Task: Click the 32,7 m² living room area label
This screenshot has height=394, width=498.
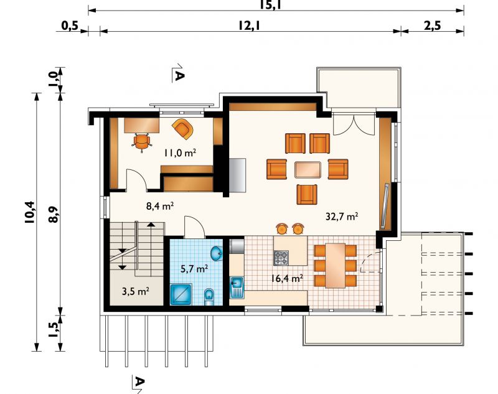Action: pos(342,217)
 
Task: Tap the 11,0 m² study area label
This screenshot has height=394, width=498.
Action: pos(180,152)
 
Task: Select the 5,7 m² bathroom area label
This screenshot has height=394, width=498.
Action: pos(194,269)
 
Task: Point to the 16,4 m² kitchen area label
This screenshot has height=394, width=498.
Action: pos(287,278)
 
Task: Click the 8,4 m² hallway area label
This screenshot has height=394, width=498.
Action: pos(160,206)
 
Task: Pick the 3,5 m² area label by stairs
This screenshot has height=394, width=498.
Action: pos(136,291)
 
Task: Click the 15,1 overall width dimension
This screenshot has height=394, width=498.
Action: pos(271,4)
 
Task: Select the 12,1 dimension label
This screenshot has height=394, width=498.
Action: pos(250,25)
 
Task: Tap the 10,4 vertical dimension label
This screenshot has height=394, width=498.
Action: pos(30,212)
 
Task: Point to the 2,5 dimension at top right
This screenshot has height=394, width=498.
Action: pos(432,25)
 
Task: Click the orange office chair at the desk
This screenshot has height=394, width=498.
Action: pos(142,141)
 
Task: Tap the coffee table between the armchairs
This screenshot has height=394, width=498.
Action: pos(308,170)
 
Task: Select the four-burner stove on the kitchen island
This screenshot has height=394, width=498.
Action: pos(281,258)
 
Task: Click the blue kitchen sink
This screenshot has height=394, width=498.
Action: pos(237,288)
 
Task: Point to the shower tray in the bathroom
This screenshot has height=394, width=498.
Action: pos(181,294)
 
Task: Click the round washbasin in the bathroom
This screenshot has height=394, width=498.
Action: pos(217,253)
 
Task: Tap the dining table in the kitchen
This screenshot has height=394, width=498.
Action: pos(335,265)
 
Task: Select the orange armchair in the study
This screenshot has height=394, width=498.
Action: pos(183,129)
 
